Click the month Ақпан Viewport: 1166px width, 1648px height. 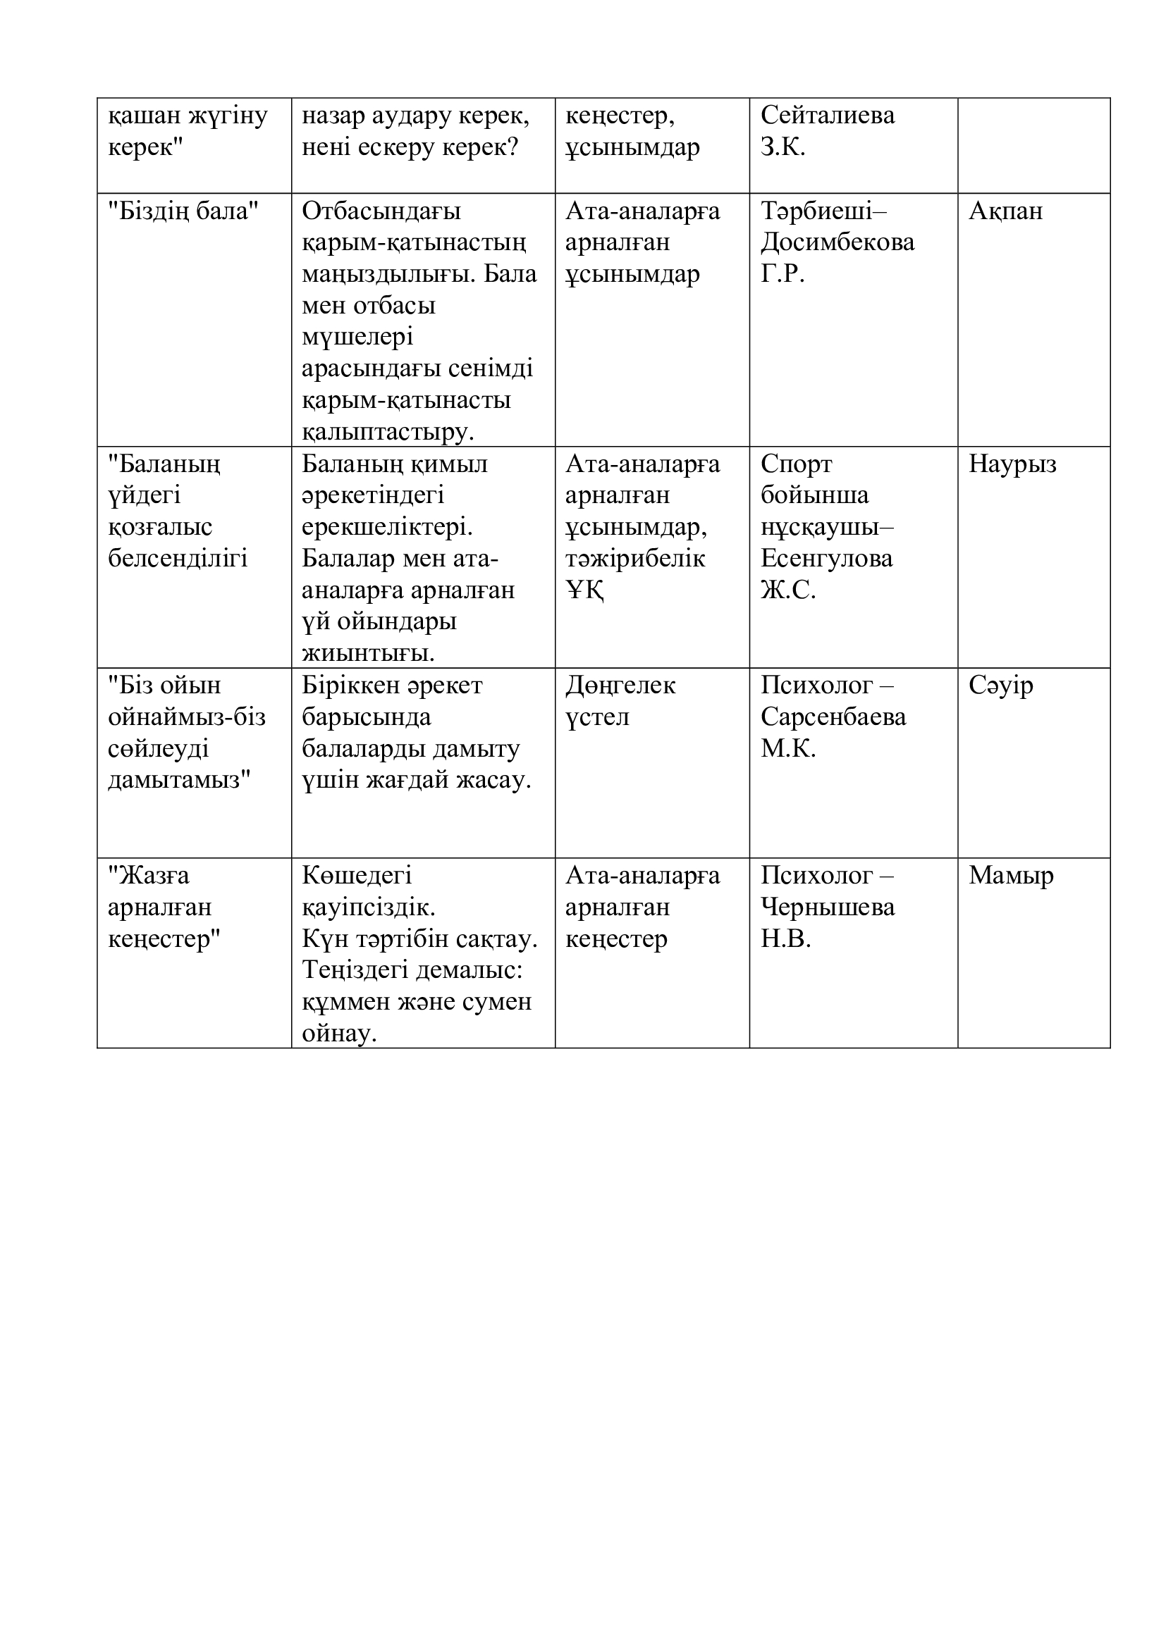(x=1005, y=211)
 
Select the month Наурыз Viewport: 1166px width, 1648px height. (x=1012, y=464)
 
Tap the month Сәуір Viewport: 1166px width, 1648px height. (x=1001, y=686)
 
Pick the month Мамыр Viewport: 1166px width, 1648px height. (x=1011, y=876)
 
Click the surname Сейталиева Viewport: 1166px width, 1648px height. (x=827, y=116)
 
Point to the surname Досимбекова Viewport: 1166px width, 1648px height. (x=837, y=242)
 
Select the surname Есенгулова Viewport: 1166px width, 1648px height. (x=826, y=559)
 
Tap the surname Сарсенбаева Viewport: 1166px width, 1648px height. (x=833, y=717)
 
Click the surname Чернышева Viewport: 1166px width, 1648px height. (x=827, y=907)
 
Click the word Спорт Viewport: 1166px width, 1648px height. (x=796, y=464)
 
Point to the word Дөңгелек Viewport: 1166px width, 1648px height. (x=620, y=686)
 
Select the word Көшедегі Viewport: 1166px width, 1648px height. (x=357, y=876)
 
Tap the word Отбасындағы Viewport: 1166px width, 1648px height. (x=381, y=211)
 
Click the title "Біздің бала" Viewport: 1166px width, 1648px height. (x=183, y=211)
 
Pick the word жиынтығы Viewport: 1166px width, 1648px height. (x=368, y=653)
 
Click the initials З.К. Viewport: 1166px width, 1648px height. (x=783, y=147)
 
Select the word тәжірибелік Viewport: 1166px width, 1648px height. (x=635, y=559)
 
